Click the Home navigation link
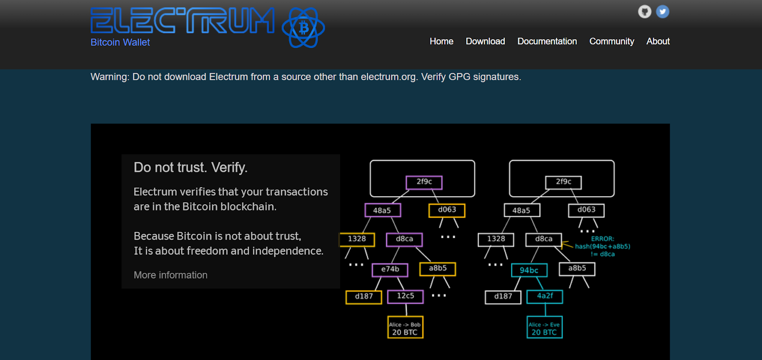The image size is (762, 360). tap(441, 41)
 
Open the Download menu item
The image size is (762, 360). tap(485, 41)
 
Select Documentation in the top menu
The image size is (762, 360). tap(547, 41)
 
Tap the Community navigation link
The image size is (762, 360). tap(612, 41)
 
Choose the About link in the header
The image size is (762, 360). tap(658, 41)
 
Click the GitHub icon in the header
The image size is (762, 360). tap(645, 11)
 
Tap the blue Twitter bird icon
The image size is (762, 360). tap(662, 11)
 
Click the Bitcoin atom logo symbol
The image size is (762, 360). tap(303, 28)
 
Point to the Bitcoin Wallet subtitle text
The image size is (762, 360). tap(120, 42)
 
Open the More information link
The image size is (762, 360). tap(170, 275)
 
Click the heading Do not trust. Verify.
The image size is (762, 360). tap(190, 168)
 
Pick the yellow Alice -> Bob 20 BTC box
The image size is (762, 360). tap(405, 327)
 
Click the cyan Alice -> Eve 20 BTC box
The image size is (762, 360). tap(545, 327)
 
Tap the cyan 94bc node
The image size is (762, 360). tap(529, 270)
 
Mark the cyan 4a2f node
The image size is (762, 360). tap(545, 297)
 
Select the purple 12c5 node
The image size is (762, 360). tap(405, 297)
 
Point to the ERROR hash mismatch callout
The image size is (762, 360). tap(602, 246)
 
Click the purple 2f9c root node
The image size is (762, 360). tap(424, 182)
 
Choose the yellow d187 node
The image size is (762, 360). tap(364, 297)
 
